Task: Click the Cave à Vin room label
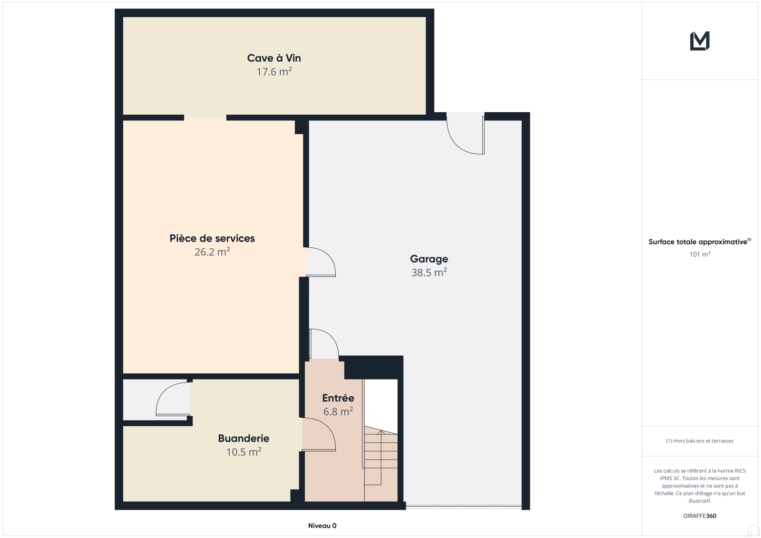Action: coord(274,58)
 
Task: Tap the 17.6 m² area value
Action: coord(274,72)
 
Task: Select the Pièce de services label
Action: coord(212,238)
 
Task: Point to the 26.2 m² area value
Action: coord(212,252)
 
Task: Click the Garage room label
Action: coord(429,259)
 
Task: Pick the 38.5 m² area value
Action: coord(429,273)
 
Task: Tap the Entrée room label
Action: coord(338,398)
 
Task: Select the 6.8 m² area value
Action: coord(338,411)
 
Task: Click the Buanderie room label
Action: coord(244,439)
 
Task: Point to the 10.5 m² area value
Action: coord(244,452)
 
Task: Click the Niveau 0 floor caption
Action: coord(322,526)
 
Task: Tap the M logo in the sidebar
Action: coord(700,41)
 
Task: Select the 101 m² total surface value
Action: coord(700,254)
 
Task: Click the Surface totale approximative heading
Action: coord(700,242)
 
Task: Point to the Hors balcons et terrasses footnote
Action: coord(700,441)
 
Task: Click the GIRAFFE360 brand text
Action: coord(700,516)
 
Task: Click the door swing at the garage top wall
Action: coord(465,134)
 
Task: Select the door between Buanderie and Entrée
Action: coord(319,434)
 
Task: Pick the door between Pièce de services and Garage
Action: coord(321,262)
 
